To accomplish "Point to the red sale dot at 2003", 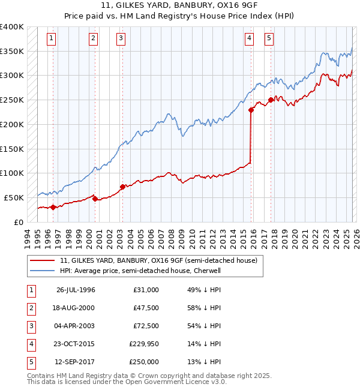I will click(122, 187).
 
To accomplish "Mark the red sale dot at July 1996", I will click(53, 207).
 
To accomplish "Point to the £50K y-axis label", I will click(14, 197).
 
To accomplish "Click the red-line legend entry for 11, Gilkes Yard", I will click(158, 260).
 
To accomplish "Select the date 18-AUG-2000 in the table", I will click(76, 308).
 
